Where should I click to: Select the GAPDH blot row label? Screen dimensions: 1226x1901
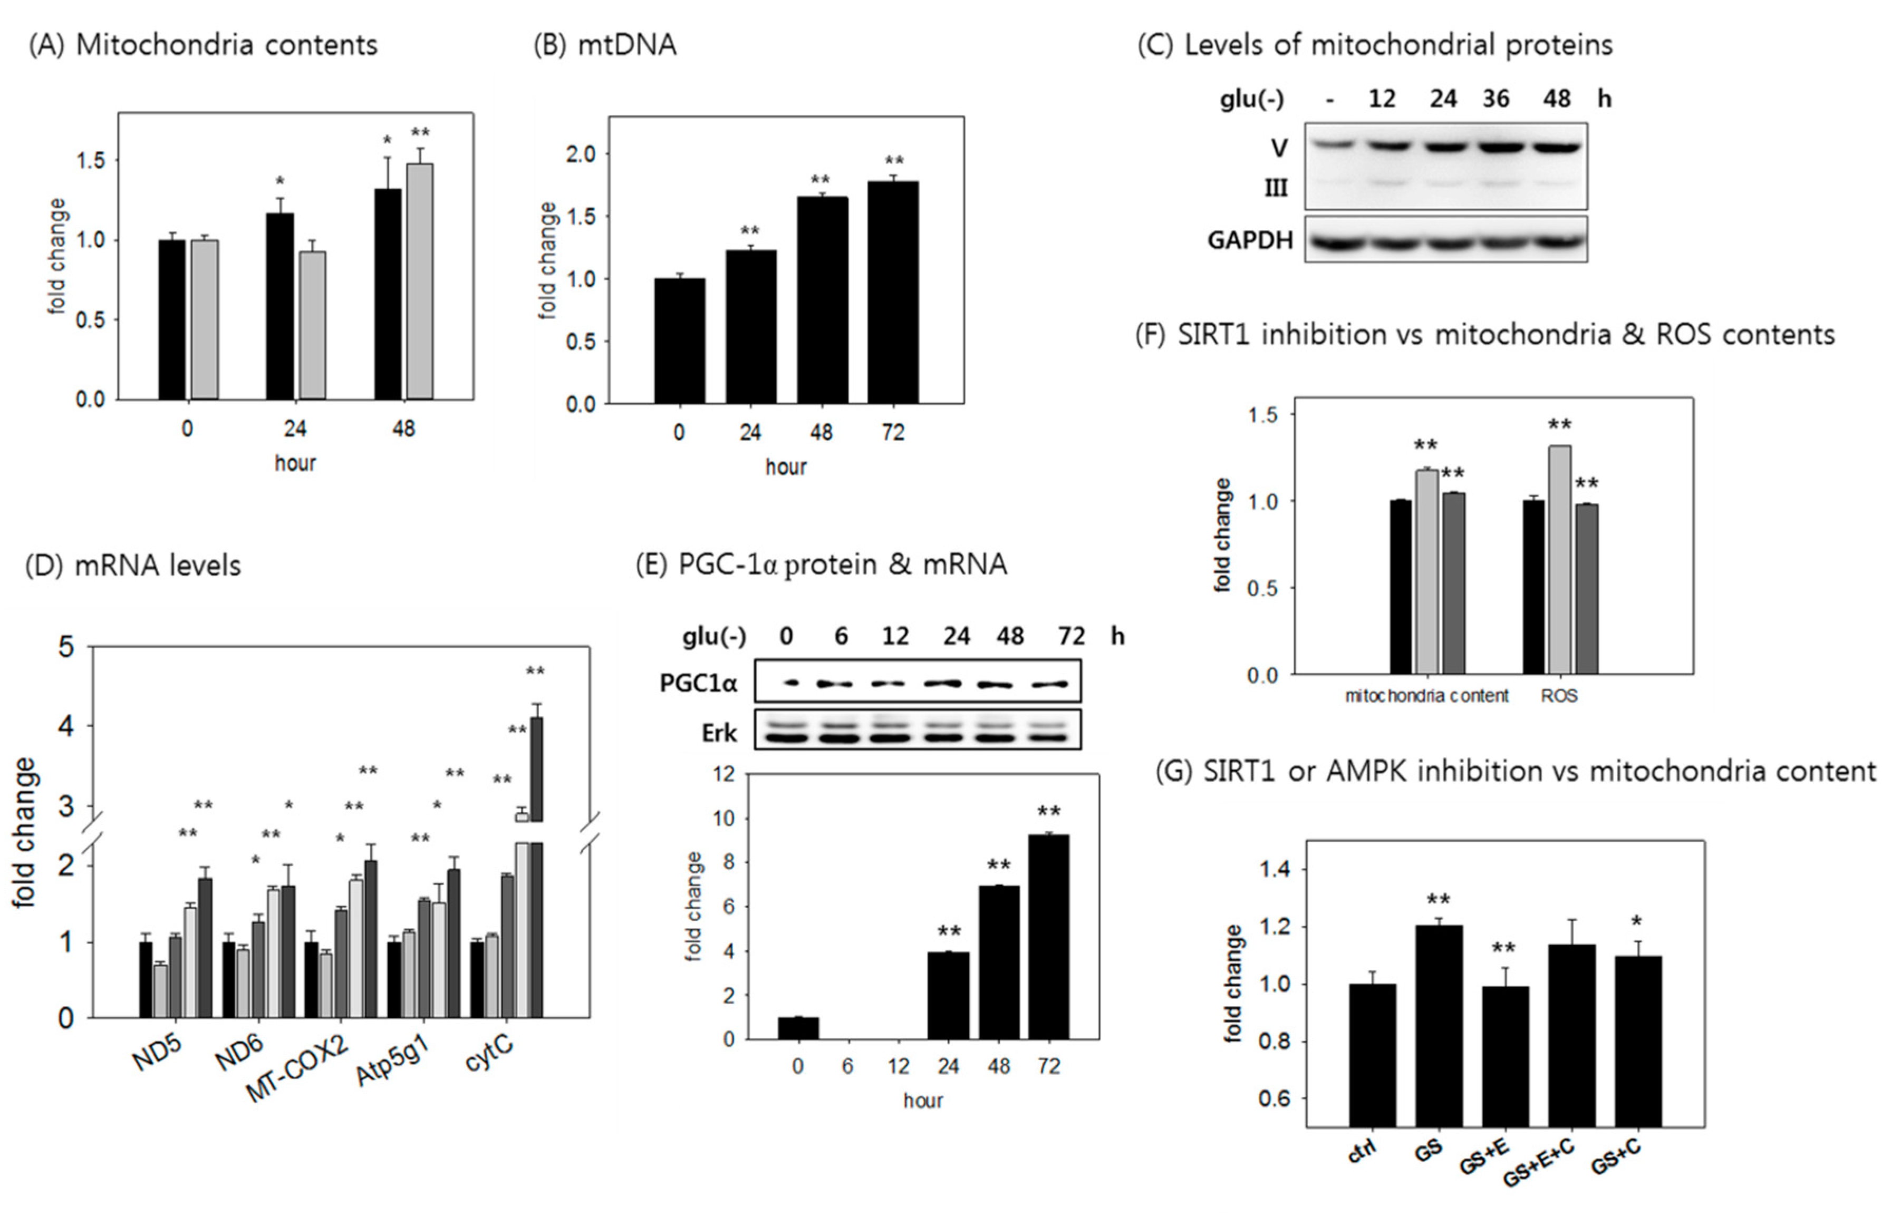click(x=1250, y=240)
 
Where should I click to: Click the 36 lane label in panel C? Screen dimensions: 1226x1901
click(x=1495, y=99)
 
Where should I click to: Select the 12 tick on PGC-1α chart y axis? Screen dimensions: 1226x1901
click(x=724, y=775)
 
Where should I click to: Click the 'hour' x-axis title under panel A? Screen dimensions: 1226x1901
click(x=295, y=463)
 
